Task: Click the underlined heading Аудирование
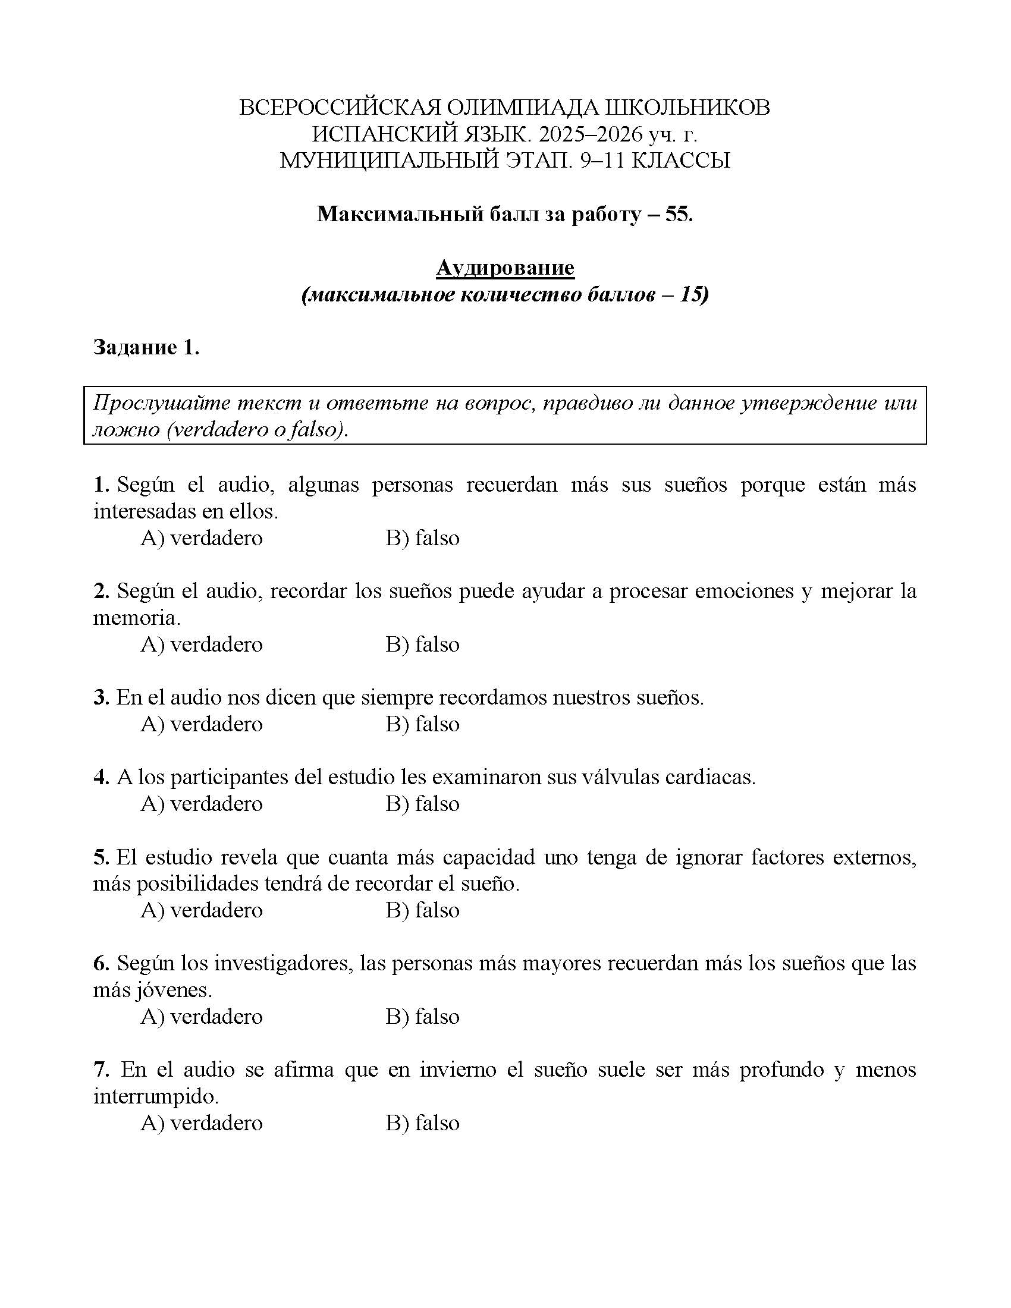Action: point(505,268)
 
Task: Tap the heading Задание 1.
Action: point(146,347)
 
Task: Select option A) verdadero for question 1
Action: point(201,538)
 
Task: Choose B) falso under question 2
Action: point(422,644)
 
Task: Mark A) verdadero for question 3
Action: point(201,724)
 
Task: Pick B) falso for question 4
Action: point(422,804)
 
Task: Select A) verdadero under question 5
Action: point(201,910)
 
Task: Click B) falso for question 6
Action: point(422,1016)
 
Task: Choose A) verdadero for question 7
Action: point(201,1123)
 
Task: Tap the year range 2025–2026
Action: point(590,134)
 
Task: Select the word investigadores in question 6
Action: point(284,963)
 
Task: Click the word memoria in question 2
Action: point(136,618)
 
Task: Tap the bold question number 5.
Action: point(100,857)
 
